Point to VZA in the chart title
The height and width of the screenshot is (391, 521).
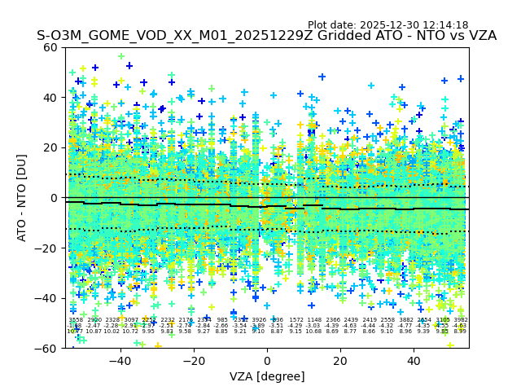click(479, 36)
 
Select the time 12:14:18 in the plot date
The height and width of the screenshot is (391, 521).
click(446, 25)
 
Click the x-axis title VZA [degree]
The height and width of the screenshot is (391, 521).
click(267, 376)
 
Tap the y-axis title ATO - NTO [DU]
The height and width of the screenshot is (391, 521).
click(22, 198)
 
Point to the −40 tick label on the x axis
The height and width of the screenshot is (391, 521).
click(120, 360)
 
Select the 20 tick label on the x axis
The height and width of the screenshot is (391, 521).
click(340, 360)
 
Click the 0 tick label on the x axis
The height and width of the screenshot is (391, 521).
click(267, 360)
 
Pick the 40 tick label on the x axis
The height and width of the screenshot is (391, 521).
click(414, 360)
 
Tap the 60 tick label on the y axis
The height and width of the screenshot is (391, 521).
click(50, 47)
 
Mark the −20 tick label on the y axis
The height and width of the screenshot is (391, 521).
click(47, 248)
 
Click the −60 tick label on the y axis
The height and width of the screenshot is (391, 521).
click(47, 348)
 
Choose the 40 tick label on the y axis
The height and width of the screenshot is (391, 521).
click(50, 98)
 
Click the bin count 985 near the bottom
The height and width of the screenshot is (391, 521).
click(222, 320)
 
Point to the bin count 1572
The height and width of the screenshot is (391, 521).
click(296, 320)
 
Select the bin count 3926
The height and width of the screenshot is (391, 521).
click(259, 320)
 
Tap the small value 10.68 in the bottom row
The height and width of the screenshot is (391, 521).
click(313, 332)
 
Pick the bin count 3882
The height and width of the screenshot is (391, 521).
click(405, 320)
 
